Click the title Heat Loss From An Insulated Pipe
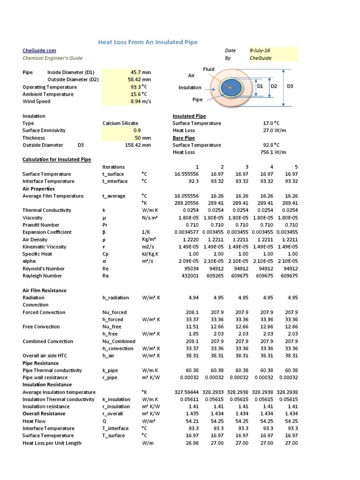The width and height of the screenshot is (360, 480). [148, 42]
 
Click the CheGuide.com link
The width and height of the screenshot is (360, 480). [39, 51]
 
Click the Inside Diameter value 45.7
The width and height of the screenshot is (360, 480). [136, 73]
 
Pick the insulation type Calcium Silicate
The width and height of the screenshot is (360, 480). [120, 123]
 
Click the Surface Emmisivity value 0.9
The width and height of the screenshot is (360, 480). [136, 131]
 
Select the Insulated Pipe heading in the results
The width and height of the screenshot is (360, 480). [189, 116]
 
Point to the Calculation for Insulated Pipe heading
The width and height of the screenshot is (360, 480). [57, 160]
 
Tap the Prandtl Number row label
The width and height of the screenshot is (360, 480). [41, 225]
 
